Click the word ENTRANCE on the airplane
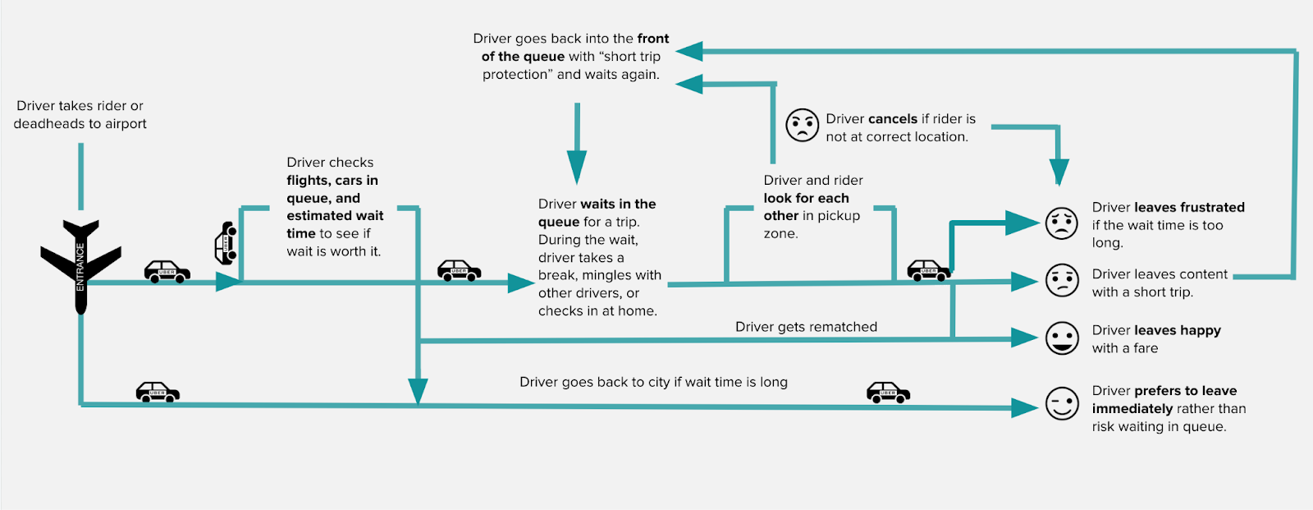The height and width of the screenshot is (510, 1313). tap(80, 268)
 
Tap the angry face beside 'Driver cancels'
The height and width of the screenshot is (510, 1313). tap(802, 125)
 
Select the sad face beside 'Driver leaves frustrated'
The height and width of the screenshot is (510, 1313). tap(1061, 223)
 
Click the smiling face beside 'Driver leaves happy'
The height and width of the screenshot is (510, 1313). tap(1061, 338)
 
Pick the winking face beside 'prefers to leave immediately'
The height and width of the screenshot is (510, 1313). tap(1061, 403)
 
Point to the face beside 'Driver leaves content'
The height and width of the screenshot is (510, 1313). tap(1061, 281)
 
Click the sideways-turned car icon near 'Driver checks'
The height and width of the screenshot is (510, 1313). tap(226, 243)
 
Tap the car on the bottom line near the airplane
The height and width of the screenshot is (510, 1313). tap(158, 392)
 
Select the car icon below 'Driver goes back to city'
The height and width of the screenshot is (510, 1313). tap(888, 392)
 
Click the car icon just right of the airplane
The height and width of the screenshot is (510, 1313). tap(167, 271)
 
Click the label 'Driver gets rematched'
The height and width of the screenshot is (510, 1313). tap(806, 327)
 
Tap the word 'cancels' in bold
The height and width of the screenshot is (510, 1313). tap(893, 119)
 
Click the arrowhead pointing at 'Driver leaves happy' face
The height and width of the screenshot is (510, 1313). tap(1025, 338)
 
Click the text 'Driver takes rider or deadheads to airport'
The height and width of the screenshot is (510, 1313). tap(80, 115)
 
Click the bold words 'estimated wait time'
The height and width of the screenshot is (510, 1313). tap(334, 224)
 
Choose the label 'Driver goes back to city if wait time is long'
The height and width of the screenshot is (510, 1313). tap(653, 382)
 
